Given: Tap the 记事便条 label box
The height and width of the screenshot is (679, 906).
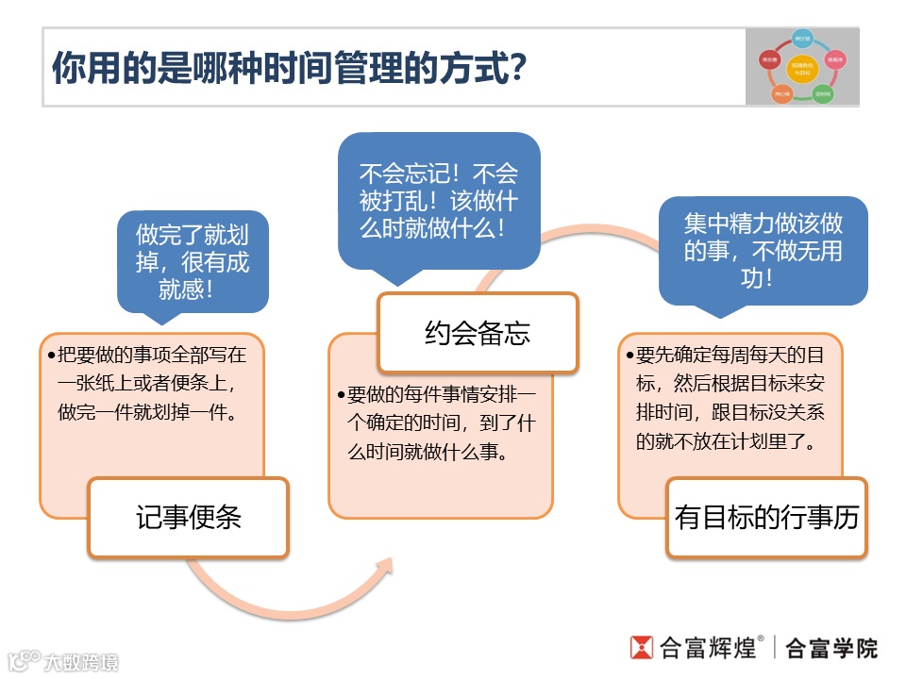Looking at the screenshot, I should click(x=188, y=518).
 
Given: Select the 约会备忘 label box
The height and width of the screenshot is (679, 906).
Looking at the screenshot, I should click(x=478, y=333).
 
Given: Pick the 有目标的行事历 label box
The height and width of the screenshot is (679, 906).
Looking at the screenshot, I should click(x=766, y=518).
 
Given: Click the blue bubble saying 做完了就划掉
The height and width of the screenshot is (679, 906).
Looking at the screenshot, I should click(x=193, y=261).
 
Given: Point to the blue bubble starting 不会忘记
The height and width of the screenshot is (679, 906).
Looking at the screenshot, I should click(x=439, y=201).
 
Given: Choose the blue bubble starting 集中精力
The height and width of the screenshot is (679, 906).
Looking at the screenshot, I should click(x=763, y=250).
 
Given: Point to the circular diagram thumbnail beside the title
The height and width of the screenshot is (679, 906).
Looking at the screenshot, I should click(x=802, y=66).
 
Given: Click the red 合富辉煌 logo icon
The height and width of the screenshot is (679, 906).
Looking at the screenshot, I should click(x=642, y=647).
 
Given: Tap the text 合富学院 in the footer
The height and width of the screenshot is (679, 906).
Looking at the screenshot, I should click(x=831, y=648).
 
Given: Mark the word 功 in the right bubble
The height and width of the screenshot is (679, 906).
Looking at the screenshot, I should click(x=763, y=277).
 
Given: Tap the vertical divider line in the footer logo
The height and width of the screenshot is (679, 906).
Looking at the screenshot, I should click(x=775, y=648).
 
